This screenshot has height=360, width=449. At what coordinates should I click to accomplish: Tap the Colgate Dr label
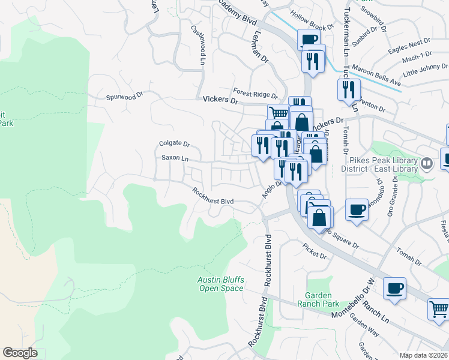174,144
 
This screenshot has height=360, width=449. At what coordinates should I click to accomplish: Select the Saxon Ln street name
175,158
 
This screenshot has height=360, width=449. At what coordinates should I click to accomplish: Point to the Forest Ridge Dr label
256,94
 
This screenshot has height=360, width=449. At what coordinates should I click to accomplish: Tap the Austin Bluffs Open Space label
221,284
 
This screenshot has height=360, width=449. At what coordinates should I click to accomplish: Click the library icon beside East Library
426,163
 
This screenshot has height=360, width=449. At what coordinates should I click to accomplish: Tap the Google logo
20,353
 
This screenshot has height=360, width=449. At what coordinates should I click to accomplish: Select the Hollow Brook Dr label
311,28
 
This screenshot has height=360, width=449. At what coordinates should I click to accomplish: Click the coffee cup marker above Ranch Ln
394,289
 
